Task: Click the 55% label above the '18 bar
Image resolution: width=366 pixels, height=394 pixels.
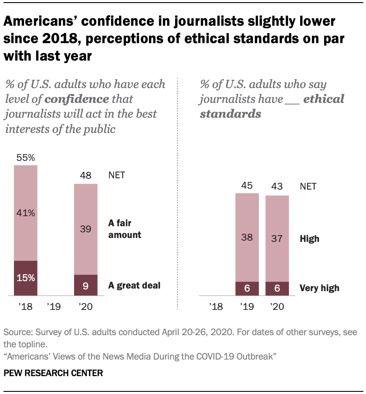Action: [x=25, y=158]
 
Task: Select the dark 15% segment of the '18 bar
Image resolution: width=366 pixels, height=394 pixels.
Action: [x=25, y=278]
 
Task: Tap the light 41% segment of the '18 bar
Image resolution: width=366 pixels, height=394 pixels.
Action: [x=25, y=214]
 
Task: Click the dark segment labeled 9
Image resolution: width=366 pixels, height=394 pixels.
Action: [x=85, y=285]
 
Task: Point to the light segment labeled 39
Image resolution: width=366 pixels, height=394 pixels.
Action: [x=85, y=229]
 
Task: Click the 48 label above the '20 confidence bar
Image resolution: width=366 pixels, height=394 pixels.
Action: [x=85, y=176]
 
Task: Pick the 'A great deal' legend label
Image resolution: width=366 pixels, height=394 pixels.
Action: [x=134, y=286]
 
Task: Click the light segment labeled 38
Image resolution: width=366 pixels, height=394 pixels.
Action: [x=247, y=238]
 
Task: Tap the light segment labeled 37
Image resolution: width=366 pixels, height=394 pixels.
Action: [x=277, y=239]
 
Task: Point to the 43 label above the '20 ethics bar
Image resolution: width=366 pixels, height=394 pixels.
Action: [x=277, y=187]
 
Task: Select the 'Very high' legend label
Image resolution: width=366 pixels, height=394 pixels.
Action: [x=319, y=288]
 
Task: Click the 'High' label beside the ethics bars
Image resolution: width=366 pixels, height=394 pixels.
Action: [x=309, y=239]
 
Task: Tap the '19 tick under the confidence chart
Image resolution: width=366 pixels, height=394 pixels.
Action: [x=55, y=307]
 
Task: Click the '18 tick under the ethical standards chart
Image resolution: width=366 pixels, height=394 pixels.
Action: [x=216, y=307]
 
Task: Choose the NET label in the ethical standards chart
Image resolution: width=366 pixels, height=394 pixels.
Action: [x=308, y=187]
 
